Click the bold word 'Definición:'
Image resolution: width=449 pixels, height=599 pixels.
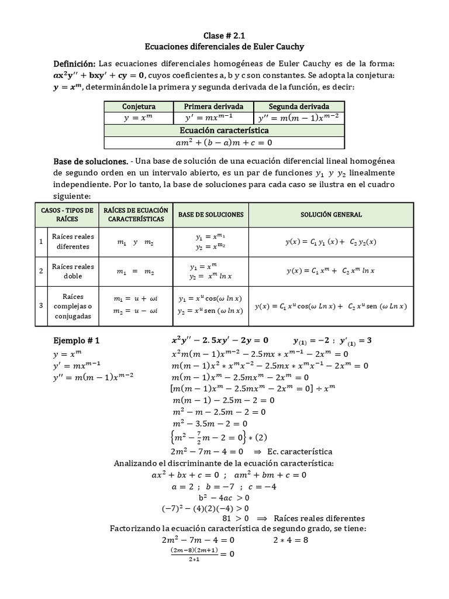[x=74, y=63]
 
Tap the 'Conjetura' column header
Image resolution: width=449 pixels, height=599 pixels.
[x=139, y=106]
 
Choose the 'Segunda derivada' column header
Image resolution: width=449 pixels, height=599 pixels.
[x=298, y=106]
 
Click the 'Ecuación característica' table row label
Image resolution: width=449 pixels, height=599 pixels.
[x=224, y=130]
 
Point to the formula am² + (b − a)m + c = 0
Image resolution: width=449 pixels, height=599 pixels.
[x=224, y=142]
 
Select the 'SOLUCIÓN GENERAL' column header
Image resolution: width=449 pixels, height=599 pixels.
[x=331, y=215]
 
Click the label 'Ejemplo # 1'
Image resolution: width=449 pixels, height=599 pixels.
[x=77, y=340]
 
